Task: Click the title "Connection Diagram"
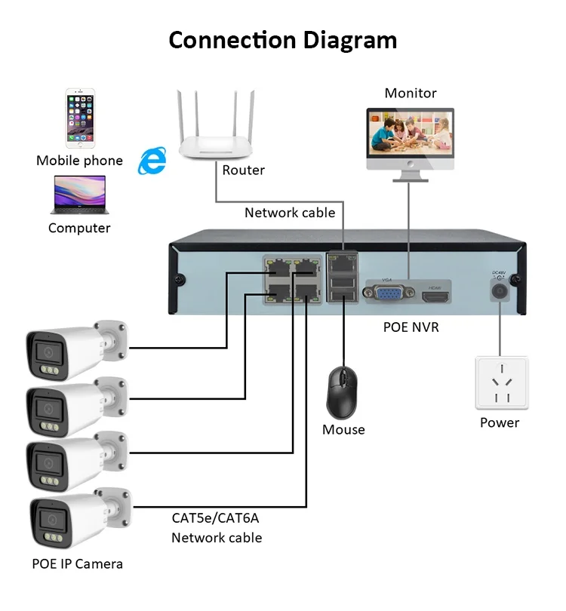(282, 39)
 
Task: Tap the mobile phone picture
(79, 118)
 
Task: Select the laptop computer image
(79, 195)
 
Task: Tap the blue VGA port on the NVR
(389, 293)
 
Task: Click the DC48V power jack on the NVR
(499, 290)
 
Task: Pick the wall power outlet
(501, 383)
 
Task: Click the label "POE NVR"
(411, 327)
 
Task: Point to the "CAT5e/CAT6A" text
(217, 517)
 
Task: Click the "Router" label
(243, 170)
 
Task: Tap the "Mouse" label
(343, 430)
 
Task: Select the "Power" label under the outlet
(500, 422)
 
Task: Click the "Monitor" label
(411, 94)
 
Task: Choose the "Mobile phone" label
(79, 161)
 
